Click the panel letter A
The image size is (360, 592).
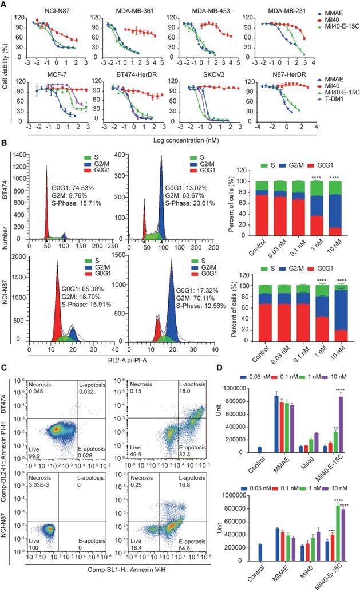[5, 6]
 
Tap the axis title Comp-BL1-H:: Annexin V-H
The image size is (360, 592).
[133, 584]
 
